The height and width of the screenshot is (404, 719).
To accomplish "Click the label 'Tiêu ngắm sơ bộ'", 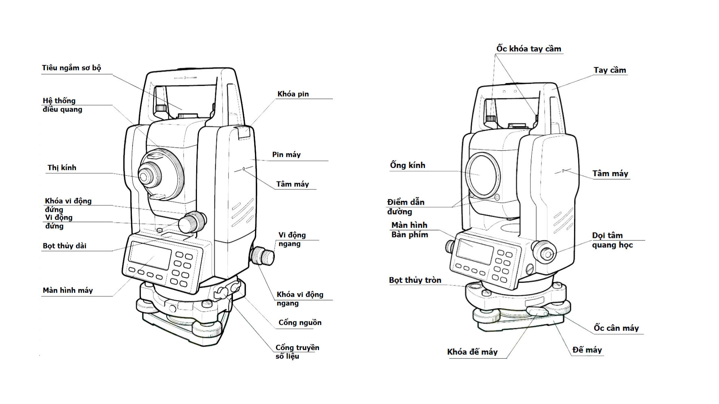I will pos(71,68).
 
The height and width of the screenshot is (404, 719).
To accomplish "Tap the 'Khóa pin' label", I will pos(293,94).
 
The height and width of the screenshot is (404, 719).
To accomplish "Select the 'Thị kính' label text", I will pos(62,168).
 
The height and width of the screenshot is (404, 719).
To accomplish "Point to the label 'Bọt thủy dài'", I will pos(64,246).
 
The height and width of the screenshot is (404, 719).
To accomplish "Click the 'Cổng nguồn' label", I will pos(300,322).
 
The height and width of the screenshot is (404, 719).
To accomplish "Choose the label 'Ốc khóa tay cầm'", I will pos(528,49).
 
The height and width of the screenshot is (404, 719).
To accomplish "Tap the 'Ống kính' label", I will pos(407,165).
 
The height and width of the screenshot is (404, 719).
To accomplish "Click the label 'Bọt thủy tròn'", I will pos(415,280).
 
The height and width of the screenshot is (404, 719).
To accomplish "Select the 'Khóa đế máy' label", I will pos(472,352).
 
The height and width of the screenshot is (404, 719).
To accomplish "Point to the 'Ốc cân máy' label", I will pos(616,328).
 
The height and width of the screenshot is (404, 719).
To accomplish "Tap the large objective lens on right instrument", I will pos(483,175).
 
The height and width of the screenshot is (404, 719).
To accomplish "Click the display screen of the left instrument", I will pos(150,255).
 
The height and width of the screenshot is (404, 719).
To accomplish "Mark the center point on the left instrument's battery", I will pos(244,169).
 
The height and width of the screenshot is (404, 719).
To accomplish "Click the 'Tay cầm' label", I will pos(610,70).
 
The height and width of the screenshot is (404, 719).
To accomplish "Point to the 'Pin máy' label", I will pos(286,154).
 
